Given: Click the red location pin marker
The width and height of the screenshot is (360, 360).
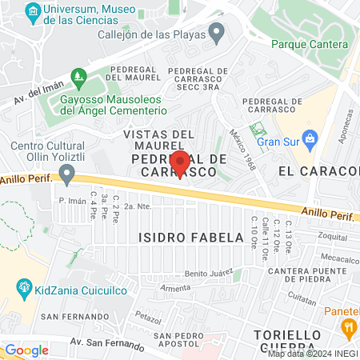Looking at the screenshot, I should pyautogui.click(x=179, y=162).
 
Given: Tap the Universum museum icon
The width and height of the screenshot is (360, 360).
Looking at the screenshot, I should pyautogui.click(x=33, y=11).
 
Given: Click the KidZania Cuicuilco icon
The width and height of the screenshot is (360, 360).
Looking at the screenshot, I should pyautogui.click(x=25, y=286).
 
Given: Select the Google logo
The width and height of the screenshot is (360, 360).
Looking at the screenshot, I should pyautogui.click(x=26, y=350).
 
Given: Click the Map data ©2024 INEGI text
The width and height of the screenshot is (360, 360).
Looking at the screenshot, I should pyautogui.click(x=311, y=354).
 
